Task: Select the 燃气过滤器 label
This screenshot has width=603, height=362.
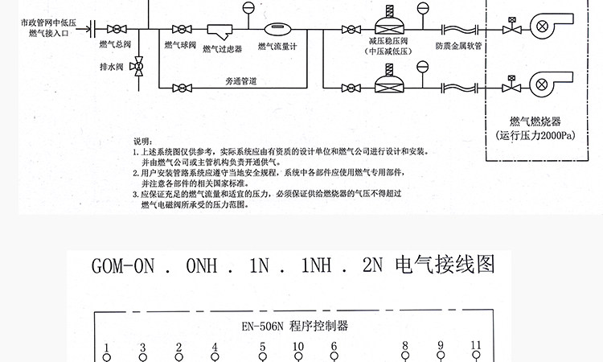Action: pyautogui.click(x=223, y=50)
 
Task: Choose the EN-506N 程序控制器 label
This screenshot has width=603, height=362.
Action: pyautogui.click(x=295, y=327)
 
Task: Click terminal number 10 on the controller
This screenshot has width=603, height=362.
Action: pyautogui.click(x=297, y=348)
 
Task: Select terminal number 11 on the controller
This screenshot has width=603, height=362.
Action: pyautogui.click(x=476, y=346)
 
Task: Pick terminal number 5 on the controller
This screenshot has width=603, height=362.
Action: pyautogui.click(x=262, y=348)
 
